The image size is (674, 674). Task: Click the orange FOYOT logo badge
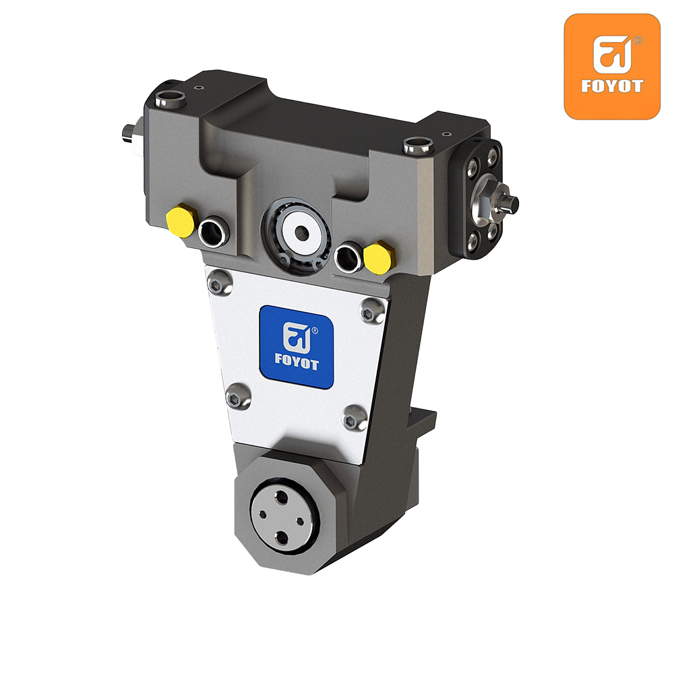pyautogui.click(x=612, y=66)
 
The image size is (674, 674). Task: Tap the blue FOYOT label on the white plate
pyautogui.click(x=297, y=347)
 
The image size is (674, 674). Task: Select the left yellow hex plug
pyautogui.click(x=181, y=221)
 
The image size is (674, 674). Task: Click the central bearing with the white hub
pyautogui.click(x=297, y=236)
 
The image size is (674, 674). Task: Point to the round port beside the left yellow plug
pyautogui.click(x=214, y=233)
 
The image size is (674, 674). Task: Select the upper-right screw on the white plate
pyautogui.click(x=372, y=311)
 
